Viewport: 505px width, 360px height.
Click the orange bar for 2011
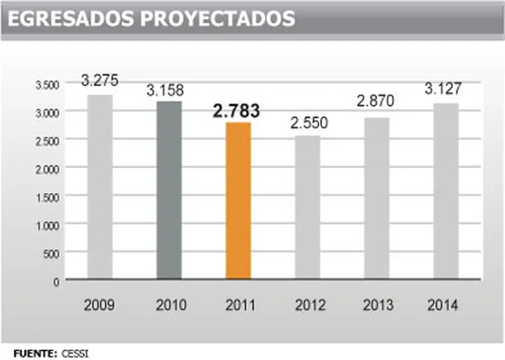(238, 200)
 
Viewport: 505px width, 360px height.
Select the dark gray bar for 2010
(169, 190)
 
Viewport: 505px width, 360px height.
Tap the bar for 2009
(100, 187)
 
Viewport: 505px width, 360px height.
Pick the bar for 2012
(307, 207)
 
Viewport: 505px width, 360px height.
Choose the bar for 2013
(377, 198)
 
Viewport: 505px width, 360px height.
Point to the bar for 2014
(446, 191)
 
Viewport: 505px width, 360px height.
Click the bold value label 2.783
(236, 111)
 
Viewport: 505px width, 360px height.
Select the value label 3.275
(100, 81)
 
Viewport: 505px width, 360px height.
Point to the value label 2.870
(375, 102)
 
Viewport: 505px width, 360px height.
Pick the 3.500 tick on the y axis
(47, 84)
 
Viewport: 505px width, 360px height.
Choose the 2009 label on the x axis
(100, 305)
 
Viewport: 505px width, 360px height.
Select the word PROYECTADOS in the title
(218, 19)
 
